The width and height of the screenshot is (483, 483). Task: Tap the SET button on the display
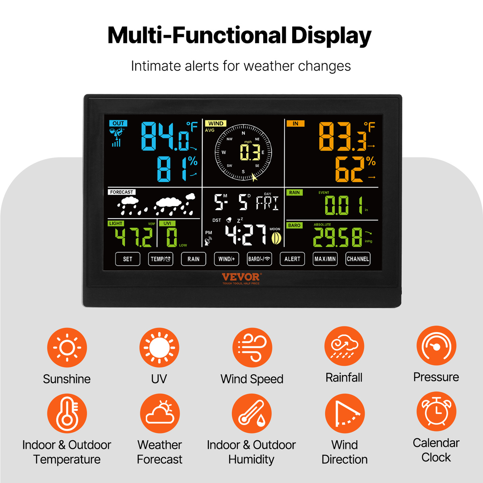pos(128,259)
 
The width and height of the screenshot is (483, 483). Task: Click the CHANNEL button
pos(358,259)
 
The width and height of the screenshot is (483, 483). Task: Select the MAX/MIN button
pos(325,259)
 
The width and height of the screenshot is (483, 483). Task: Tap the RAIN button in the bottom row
pos(194,259)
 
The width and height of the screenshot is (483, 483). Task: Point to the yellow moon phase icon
pos(276,238)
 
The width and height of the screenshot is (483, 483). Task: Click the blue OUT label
pos(118,123)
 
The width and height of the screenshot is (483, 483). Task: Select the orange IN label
pos(295,123)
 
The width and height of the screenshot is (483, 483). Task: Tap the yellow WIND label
pos(216,123)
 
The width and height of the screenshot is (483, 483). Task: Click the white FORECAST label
pos(122,192)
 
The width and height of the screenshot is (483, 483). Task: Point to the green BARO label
pos(294,225)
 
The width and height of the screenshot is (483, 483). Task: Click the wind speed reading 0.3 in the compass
pos(250,152)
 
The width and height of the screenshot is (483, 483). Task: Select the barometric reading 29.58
pos(338,237)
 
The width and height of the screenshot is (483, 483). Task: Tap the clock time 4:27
pos(246,235)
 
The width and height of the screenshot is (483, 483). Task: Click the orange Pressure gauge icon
pos(436,346)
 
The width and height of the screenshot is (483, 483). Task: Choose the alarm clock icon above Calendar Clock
pos(436,412)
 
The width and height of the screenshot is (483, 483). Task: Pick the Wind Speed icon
pos(252,348)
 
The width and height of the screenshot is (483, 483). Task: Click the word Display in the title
pos(331,36)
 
